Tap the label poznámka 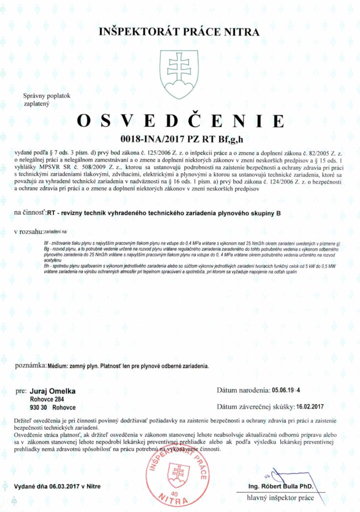pos(29,365)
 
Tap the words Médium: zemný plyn pos(69,365)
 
